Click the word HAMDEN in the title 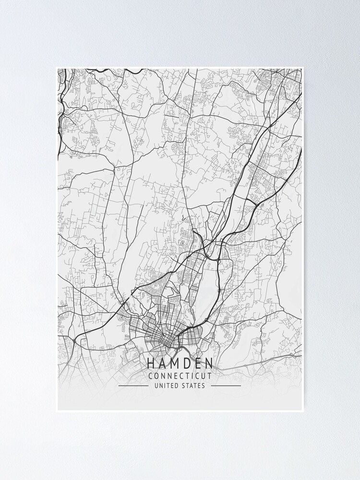click(x=180, y=364)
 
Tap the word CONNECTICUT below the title click(x=180, y=376)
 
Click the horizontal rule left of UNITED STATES click(x=133, y=385)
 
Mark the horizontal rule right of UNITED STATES click(x=226, y=385)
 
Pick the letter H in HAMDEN click(x=151, y=364)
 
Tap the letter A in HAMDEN click(x=162, y=364)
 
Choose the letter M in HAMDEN click(x=174, y=364)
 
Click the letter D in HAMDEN click(x=187, y=364)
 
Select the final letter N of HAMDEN click(x=209, y=364)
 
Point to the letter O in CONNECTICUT click(x=157, y=376)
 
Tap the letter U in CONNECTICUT click(x=203, y=376)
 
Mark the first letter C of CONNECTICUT click(x=151, y=376)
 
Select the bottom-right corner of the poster click(x=304, y=412)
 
